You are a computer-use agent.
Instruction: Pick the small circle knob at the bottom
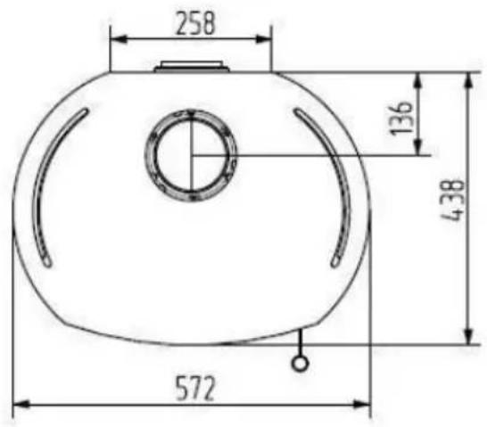click(301, 362)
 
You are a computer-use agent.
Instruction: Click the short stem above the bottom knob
click(301, 343)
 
